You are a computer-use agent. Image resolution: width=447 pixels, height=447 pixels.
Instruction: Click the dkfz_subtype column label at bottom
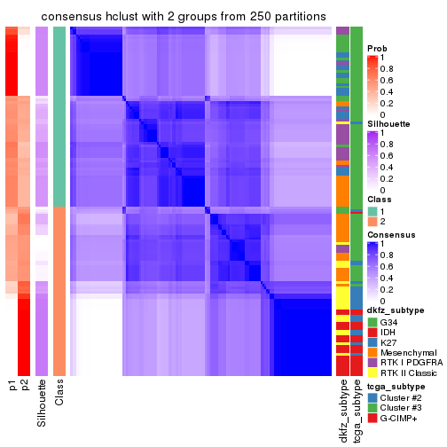[342, 410]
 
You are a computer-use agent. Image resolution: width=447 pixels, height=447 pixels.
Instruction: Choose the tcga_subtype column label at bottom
[357, 410]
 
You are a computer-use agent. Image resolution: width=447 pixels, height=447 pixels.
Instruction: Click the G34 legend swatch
[372, 321]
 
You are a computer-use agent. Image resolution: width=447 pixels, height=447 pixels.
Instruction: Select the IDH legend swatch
[372, 333]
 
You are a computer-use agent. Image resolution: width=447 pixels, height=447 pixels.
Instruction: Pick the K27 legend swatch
[372, 344]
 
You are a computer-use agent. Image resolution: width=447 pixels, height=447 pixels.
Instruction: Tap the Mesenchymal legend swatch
[372, 356]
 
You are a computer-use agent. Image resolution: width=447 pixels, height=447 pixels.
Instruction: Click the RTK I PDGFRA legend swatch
[372, 367]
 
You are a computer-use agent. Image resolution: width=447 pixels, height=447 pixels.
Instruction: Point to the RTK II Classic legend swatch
[372, 379]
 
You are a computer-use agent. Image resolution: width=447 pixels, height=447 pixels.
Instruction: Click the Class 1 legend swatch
[372, 209]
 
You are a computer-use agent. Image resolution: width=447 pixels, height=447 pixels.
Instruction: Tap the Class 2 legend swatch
[372, 221]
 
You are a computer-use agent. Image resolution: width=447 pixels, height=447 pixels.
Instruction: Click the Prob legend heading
[377, 48]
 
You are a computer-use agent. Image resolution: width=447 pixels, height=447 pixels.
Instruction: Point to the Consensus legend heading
[390, 234]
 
